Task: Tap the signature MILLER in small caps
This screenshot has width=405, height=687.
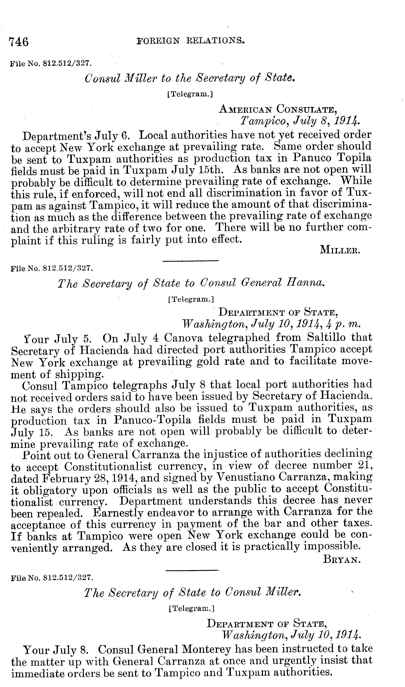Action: tap(340, 249)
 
